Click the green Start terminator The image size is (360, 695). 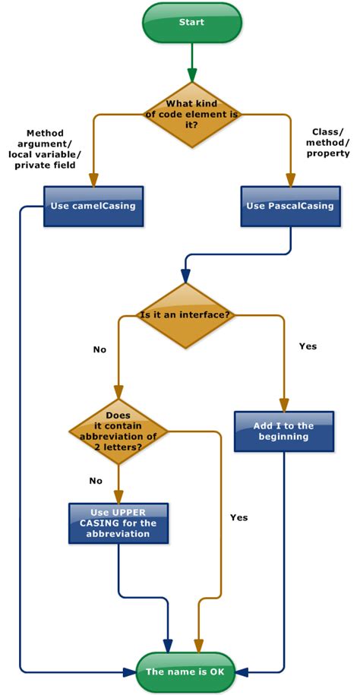click(x=191, y=23)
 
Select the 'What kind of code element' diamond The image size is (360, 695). click(x=191, y=115)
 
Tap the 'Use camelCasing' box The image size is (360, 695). click(x=93, y=206)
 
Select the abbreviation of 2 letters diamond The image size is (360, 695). click(x=118, y=431)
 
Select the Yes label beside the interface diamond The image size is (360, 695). click(x=308, y=346)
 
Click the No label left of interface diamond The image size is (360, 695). click(x=99, y=349)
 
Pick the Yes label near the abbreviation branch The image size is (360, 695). click(x=238, y=517)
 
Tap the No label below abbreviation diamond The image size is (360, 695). click(x=96, y=481)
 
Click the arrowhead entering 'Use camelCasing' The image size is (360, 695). click(x=93, y=181)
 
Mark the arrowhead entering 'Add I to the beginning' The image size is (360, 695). click(x=285, y=405)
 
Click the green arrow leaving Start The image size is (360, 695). click(x=191, y=61)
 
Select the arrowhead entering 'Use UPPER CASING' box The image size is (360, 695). click(x=118, y=496)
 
